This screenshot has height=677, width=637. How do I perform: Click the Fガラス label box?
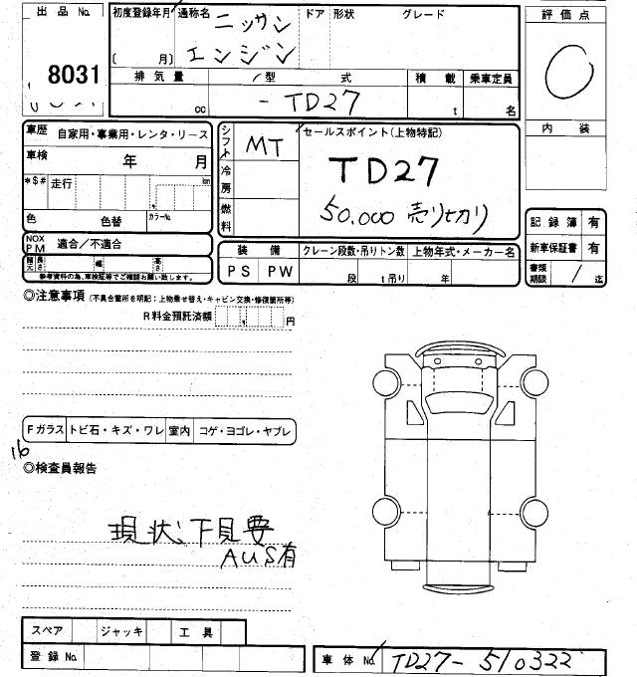(46, 430)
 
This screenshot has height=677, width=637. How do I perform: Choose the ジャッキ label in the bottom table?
(122, 630)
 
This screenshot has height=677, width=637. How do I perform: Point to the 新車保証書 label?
(554, 247)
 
